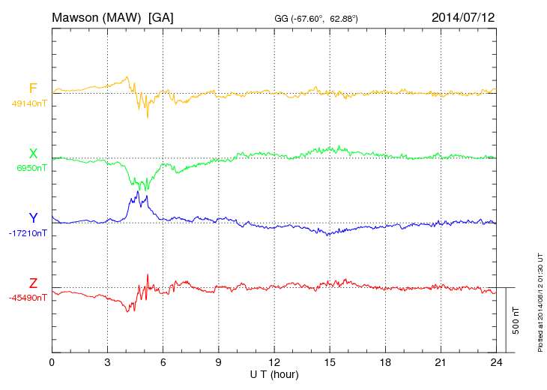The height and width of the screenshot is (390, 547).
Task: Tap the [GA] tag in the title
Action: [x=160, y=17]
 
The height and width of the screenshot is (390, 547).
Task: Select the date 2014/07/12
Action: [x=463, y=16]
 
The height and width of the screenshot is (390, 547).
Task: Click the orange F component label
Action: [x=33, y=88]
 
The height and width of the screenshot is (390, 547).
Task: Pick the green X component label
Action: [x=33, y=154]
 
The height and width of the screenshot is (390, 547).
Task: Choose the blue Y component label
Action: [x=33, y=218]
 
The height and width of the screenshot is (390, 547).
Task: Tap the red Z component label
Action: [x=33, y=283]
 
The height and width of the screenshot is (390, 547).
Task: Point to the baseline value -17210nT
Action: [x=28, y=233]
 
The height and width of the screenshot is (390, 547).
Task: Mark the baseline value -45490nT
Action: [x=28, y=298]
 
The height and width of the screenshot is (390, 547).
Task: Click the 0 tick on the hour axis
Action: [x=52, y=363]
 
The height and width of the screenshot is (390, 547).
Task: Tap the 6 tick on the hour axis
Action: [x=163, y=363]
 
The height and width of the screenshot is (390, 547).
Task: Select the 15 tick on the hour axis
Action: [x=329, y=363]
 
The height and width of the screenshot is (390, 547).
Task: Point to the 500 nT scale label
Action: [x=516, y=320]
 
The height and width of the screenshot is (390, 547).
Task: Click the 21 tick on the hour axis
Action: [x=440, y=363]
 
